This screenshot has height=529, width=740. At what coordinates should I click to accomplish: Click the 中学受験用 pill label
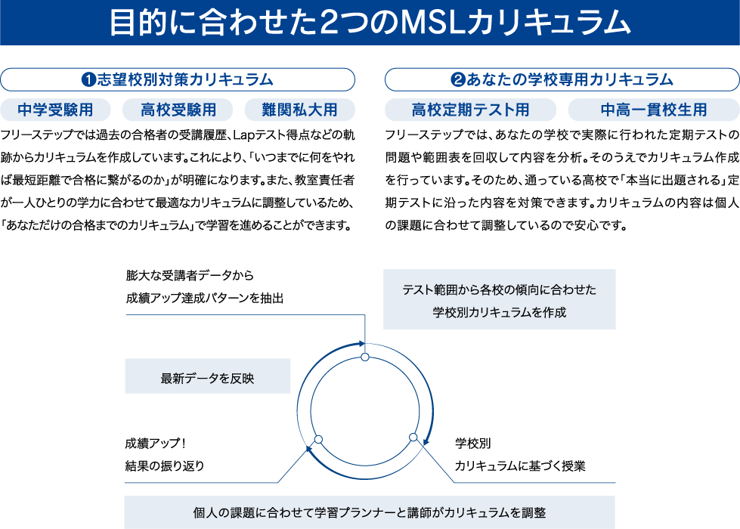[x=55, y=110]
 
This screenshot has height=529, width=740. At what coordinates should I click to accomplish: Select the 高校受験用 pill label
[x=178, y=110]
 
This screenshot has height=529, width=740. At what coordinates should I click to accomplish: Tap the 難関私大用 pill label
[x=299, y=110]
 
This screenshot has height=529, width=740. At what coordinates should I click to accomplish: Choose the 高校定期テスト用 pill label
[x=470, y=110]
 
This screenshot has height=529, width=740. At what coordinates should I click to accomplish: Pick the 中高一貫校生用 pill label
[x=654, y=110]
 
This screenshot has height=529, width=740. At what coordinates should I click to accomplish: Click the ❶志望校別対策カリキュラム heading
[x=178, y=80]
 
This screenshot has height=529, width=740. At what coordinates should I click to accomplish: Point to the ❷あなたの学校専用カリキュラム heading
[x=562, y=80]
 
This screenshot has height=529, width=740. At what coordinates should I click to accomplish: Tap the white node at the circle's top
[x=365, y=357]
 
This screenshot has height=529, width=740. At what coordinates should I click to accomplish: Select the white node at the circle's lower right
[x=413, y=437]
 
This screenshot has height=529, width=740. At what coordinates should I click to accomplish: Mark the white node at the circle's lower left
[x=318, y=439]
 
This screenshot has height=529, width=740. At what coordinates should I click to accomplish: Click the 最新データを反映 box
[x=208, y=376]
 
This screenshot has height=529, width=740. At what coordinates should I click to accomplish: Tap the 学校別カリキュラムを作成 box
[x=500, y=299]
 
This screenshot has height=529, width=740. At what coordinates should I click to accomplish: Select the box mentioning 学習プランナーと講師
[x=370, y=512]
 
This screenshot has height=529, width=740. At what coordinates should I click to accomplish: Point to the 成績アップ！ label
[x=155, y=443]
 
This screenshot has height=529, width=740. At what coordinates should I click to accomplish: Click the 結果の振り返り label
[x=165, y=466]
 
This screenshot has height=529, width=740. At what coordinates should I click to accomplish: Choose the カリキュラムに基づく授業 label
[x=520, y=466]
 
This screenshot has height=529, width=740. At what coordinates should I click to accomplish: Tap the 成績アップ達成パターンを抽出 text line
[x=205, y=298]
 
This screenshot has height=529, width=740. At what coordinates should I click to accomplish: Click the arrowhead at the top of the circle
[x=361, y=344]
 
